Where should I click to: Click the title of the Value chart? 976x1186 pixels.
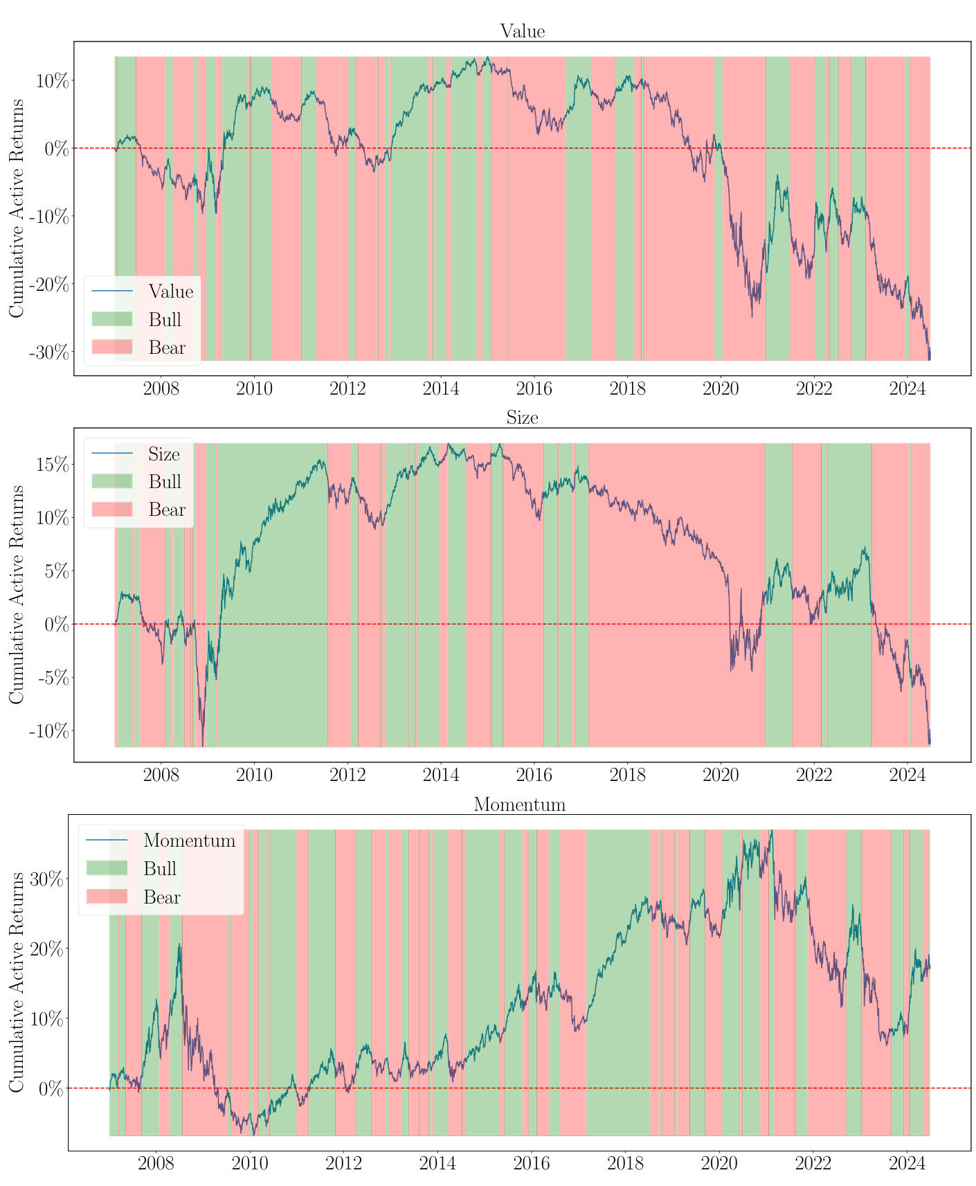click(x=522, y=31)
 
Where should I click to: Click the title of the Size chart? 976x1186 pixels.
click(x=522, y=417)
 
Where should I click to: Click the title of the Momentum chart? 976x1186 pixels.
click(x=519, y=805)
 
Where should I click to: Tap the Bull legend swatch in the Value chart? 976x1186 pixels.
click(x=111, y=319)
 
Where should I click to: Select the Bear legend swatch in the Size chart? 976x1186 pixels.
click(x=111, y=510)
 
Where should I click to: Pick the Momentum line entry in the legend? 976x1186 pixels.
click(x=189, y=841)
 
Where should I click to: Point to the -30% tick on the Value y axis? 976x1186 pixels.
click(x=49, y=352)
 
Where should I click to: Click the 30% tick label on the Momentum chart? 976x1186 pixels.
click(x=46, y=881)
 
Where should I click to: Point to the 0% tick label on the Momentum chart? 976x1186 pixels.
click(x=50, y=1089)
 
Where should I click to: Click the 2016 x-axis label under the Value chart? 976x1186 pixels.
click(x=534, y=387)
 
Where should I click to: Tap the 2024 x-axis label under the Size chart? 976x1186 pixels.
click(x=907, y=773)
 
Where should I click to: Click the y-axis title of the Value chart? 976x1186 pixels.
click(x=17, y=208)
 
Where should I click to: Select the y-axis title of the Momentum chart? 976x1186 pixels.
click(x=17, y=982)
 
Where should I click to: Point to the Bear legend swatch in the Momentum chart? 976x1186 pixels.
click(x=107, y=897)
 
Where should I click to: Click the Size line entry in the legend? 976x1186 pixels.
click(x=163, y=454)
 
